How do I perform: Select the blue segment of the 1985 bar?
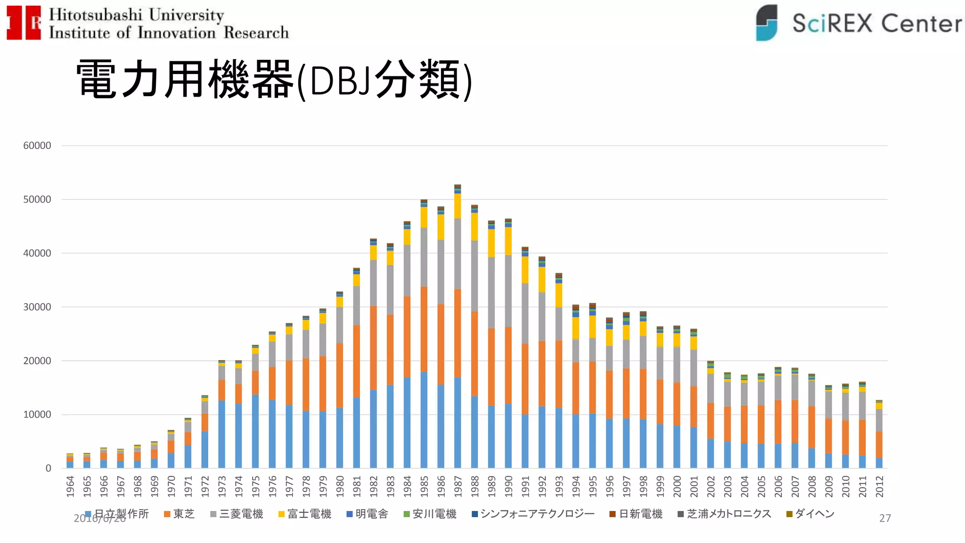(x=424, y=420)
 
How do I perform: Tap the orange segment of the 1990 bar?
(x=508, y=365)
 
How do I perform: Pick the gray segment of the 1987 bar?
(x=457, y=254)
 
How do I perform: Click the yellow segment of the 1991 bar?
(x=525, y=270)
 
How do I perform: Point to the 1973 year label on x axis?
(x=222, y=486)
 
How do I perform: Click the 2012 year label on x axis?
(x=879, y=486)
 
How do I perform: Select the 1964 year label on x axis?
(x=70, y=486)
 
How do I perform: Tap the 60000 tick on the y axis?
(x=37, y=146)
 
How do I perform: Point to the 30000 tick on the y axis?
(x=37, y=307)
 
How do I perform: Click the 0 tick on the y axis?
(x=48, y=468)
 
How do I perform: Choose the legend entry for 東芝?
(x=180, y=514)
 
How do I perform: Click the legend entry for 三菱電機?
(x=237, y=514)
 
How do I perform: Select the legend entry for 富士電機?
(x=305, y=514)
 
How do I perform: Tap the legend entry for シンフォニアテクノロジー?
(x=533, y=514)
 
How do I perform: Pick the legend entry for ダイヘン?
(x=810, y=514)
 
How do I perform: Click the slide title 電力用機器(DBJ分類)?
(x=273, y=79)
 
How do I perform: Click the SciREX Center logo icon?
(x=767, y=23)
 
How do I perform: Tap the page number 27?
(x=885, y=518)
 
